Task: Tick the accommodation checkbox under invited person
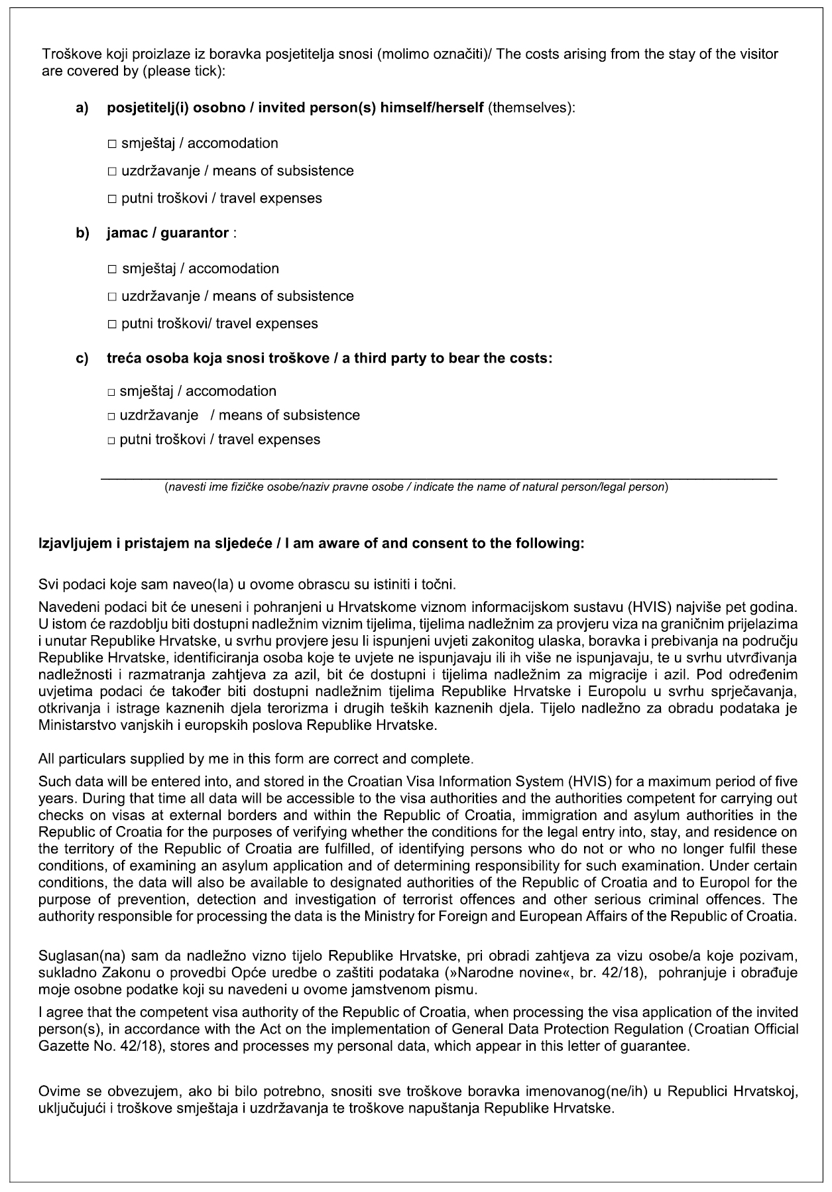[111, 144]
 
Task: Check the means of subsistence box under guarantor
[111, 296]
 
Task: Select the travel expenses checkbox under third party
[111, 440]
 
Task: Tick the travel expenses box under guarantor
[111, 324]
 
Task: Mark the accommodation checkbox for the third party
[111, 392]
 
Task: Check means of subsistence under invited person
[111, 172]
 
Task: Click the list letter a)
[82, 109]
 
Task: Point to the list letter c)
[82, 359]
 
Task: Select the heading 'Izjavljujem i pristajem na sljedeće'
[159, 544]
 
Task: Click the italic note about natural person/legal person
[416, 487]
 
